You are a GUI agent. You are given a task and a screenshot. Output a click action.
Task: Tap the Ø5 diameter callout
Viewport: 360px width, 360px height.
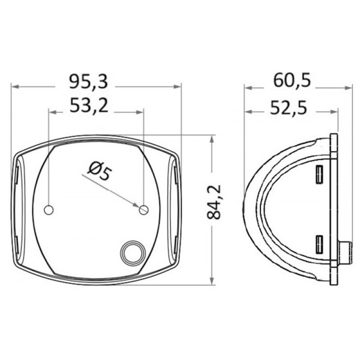99,171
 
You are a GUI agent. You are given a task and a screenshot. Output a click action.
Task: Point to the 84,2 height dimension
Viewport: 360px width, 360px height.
214,202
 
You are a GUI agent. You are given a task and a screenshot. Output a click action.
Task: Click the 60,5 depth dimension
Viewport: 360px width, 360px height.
292,80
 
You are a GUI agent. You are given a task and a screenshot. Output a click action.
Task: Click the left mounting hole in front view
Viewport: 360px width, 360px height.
49,210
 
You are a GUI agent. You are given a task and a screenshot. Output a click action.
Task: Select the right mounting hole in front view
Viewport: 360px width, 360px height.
144,210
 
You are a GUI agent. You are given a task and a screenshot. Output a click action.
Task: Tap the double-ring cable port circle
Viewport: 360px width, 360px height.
133,253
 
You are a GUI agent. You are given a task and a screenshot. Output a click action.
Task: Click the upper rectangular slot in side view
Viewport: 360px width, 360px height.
319,175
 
